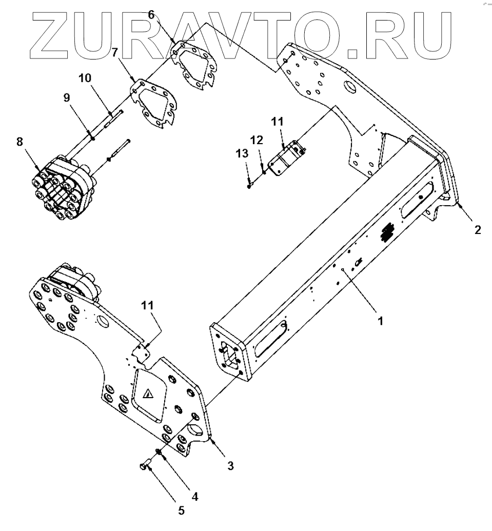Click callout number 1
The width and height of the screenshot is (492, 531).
pos(380,321)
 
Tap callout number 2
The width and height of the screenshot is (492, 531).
pos(478,230)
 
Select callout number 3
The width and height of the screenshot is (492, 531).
pos(231,465)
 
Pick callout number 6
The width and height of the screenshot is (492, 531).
pos(151,15)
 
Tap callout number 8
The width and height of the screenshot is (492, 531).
pos(20,142)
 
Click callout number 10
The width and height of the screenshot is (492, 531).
pos(85,78)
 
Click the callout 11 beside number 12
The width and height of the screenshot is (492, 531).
pos(277,122)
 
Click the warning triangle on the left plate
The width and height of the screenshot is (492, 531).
pos(149,394)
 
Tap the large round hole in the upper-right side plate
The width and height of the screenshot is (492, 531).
pos(350,87)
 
